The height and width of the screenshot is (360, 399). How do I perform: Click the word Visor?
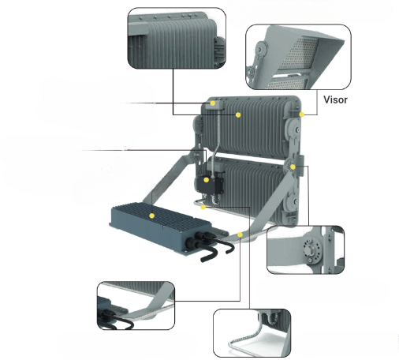click(x=335, y=99)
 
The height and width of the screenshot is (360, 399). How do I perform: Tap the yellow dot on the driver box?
click(x=151, y=216)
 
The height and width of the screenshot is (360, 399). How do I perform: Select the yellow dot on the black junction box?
click(x=207, y=180)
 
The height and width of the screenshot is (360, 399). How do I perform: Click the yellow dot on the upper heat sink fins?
click(x=238, y=114)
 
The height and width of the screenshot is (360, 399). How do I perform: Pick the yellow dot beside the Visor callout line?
click(x=302, y=114)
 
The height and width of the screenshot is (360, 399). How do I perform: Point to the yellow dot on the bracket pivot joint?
click(x=293, y=167)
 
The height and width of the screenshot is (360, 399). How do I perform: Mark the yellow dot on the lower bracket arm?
click(x=240, y=234)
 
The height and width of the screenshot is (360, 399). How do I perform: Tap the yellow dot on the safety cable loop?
click(x=203, y=208)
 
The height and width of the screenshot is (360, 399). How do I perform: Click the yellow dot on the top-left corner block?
click(x=213, y=103)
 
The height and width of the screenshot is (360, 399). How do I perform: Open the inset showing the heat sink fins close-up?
click(x=177, y=38)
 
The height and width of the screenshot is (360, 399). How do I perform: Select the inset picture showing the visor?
click(x=298, y=57)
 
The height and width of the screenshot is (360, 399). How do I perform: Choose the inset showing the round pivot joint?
click(x=305, y=249)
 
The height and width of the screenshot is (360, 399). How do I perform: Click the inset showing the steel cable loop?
click(x=252, y=333)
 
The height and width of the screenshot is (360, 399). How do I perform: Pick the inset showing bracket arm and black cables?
click(x=136, y=306)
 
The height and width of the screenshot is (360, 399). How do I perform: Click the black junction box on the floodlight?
click(x=209, y=185)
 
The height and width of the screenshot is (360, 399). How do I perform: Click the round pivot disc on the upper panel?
click(x=293, y=129)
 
